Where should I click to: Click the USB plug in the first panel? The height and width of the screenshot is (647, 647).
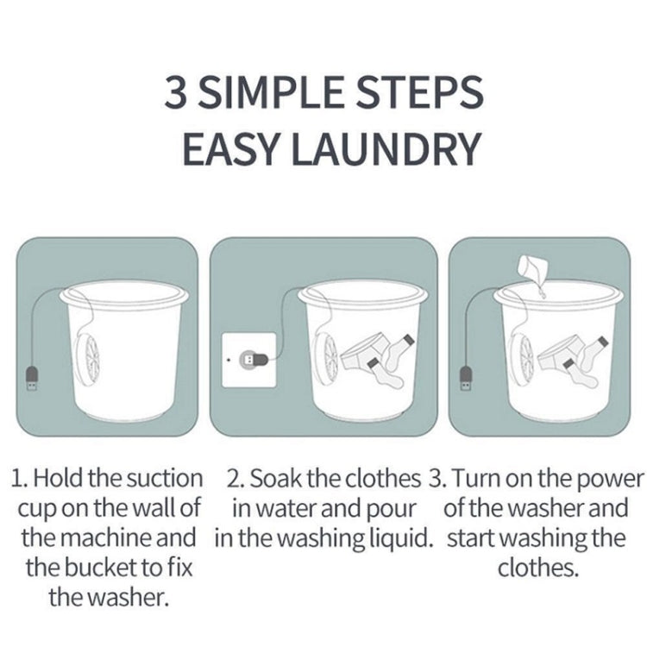point(31,379)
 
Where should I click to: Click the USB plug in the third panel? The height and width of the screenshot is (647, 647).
point(467,379)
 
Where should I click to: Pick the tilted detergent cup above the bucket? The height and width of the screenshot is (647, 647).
point(531,272)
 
